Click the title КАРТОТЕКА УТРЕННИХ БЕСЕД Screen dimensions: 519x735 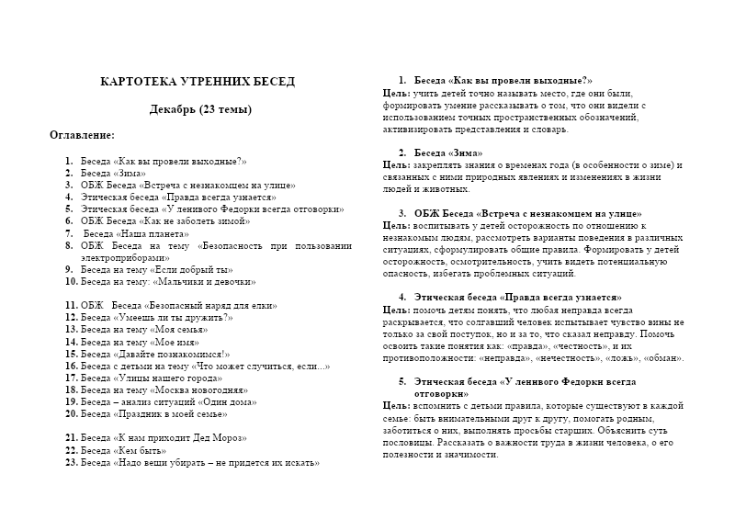pos(197,82)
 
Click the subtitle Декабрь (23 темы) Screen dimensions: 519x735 pos(200,110)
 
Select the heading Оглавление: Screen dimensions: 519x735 pos(82,135)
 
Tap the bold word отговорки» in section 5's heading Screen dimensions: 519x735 pos(442,393)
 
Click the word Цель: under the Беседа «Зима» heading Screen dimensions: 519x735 pos(396,164)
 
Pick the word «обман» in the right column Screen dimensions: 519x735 pos(661,357)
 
